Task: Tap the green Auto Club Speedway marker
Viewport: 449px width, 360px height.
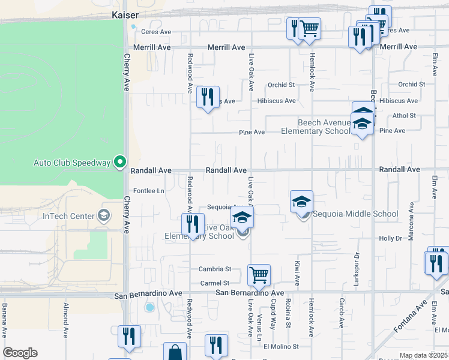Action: [x=120, y=162]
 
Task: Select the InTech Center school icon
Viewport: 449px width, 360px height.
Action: [x=104, y=215]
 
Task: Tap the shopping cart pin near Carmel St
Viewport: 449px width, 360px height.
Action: [x=259, y=275]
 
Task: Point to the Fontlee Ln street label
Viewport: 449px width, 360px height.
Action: [x=148, y=191]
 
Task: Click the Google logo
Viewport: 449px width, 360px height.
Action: [x=20, y=353]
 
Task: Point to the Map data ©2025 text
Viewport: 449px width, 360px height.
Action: [x=424, y=355]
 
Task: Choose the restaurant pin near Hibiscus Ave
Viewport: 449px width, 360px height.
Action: [x=208, y=97]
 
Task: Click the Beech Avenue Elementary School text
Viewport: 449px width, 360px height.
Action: [x=315, y=127]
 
